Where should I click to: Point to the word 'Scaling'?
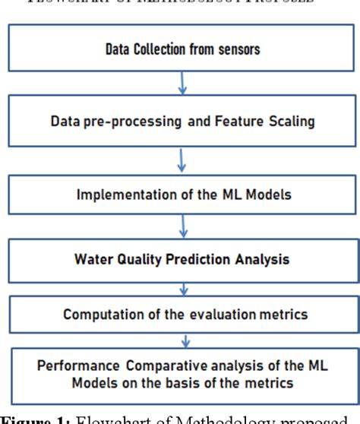click(x=268, y=120)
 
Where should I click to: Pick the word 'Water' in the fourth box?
click(x=94, y=259)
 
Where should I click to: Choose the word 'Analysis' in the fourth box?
click(x=258, y=259)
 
